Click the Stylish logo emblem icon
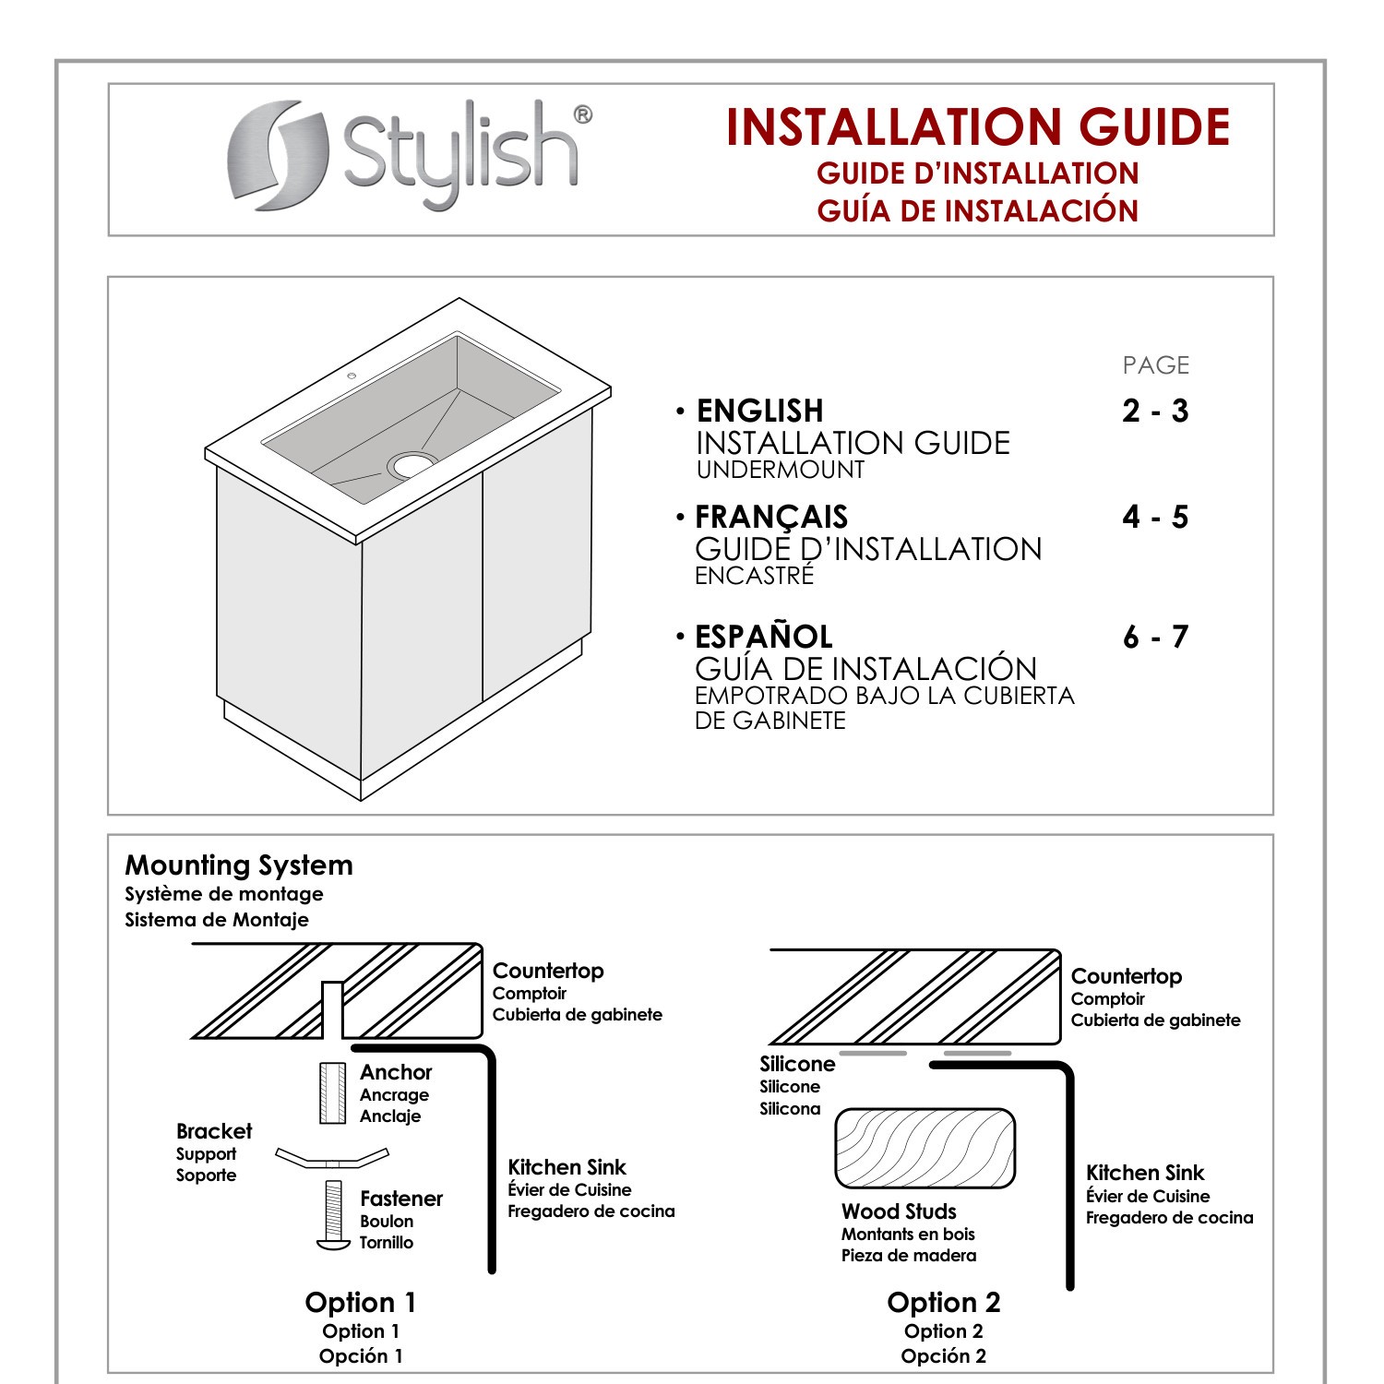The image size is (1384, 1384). pos(278,155)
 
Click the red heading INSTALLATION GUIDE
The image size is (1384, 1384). pos(977,127)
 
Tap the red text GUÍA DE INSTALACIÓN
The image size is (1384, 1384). pos(977,211)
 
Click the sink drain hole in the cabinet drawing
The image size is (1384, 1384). pos(412,464)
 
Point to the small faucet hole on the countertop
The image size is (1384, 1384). pos(351,376)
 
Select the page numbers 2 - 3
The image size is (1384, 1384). pos(1155,412)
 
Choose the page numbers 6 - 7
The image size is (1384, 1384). pos(1155,638)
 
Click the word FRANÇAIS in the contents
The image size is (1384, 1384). pos(771,518)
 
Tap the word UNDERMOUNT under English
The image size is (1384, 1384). pos(780,470)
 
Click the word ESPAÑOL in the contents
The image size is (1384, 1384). pos(763,638)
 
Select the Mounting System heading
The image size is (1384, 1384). pos(239,865)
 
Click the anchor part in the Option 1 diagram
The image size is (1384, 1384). pos(332,1093)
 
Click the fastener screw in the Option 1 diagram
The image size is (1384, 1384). pos(333,1214)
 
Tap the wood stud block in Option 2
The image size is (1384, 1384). pos(925,1149)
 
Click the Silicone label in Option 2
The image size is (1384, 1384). pos(797,1064)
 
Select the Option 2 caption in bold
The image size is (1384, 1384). pos(943,1303)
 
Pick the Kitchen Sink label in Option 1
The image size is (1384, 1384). pos(567,1168)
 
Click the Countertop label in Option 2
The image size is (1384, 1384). pos(1126,976)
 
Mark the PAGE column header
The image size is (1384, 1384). pos(1155,365)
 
